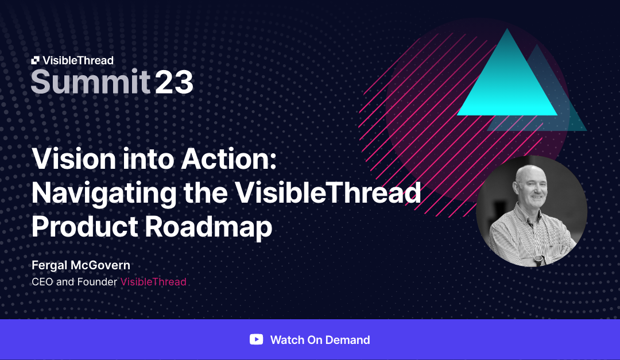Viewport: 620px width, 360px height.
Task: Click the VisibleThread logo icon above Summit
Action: [x=36, y=60]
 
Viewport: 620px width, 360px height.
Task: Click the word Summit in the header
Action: [x=90, y=82]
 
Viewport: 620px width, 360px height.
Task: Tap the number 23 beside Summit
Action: [x=174, y=82]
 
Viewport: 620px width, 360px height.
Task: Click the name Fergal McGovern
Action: [x=80, y=266]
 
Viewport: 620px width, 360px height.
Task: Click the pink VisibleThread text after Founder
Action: [x=153, y=282]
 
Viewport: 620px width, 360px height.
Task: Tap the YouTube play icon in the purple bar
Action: [x=256, y=339]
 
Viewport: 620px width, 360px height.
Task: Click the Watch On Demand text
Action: [x=320, y=340]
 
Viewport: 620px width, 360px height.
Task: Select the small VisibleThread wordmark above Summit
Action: [x=78, y=60]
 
